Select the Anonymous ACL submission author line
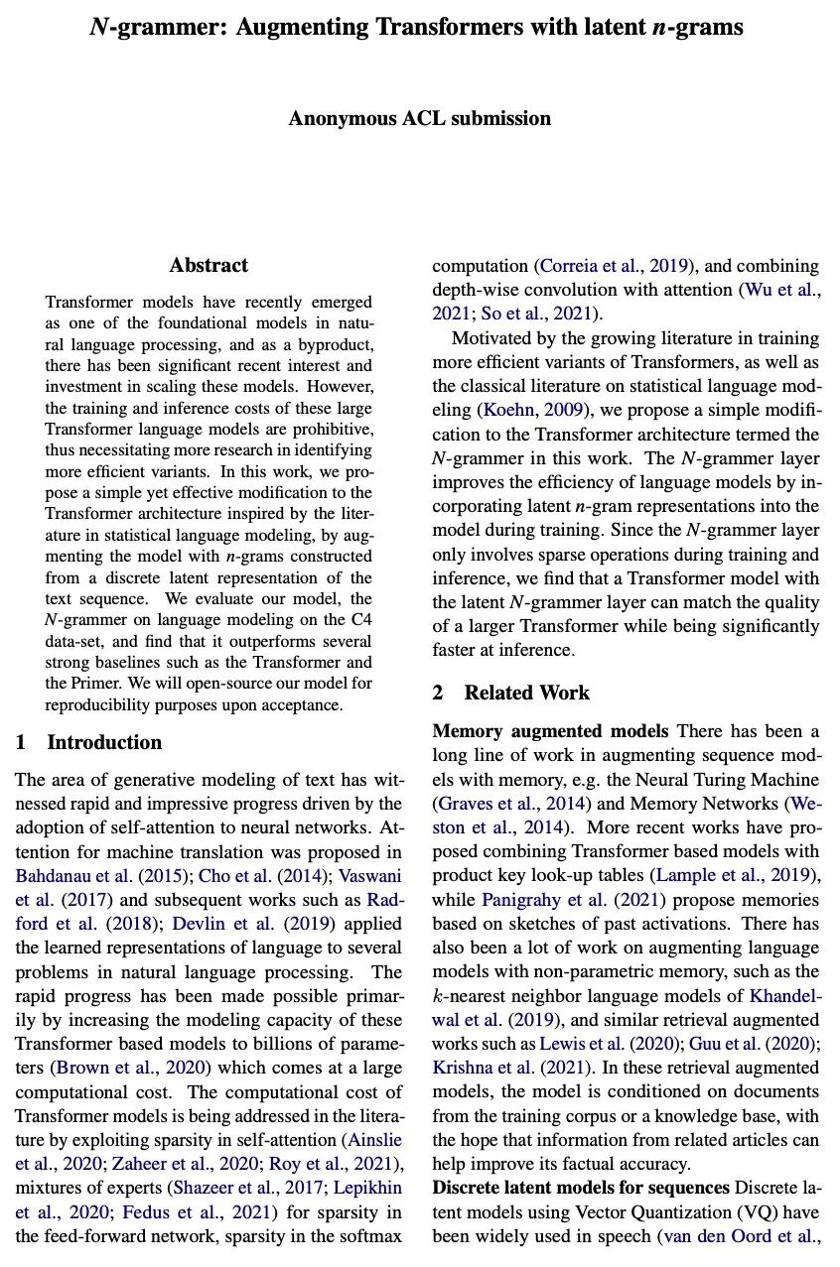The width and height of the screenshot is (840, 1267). point(419,119)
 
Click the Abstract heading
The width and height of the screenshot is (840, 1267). point(209,265)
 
